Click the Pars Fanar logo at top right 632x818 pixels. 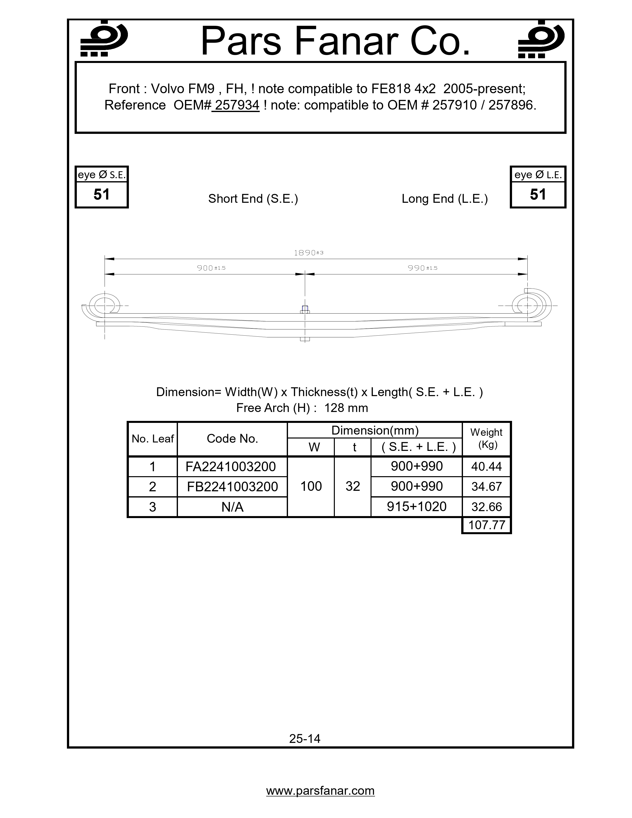pos(541,40)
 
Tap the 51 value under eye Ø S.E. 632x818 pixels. pos(101,194)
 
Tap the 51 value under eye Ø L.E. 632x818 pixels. pos(538,194)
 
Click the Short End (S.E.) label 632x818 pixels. pos(253,199)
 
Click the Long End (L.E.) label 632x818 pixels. pos(445,199)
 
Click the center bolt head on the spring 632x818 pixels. pos(305,309)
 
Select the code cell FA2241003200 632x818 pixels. pos(231,467)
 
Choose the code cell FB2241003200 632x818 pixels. pos(232,487)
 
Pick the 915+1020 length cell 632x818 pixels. pos(417,507)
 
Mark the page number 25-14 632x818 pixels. pos(305,739)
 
